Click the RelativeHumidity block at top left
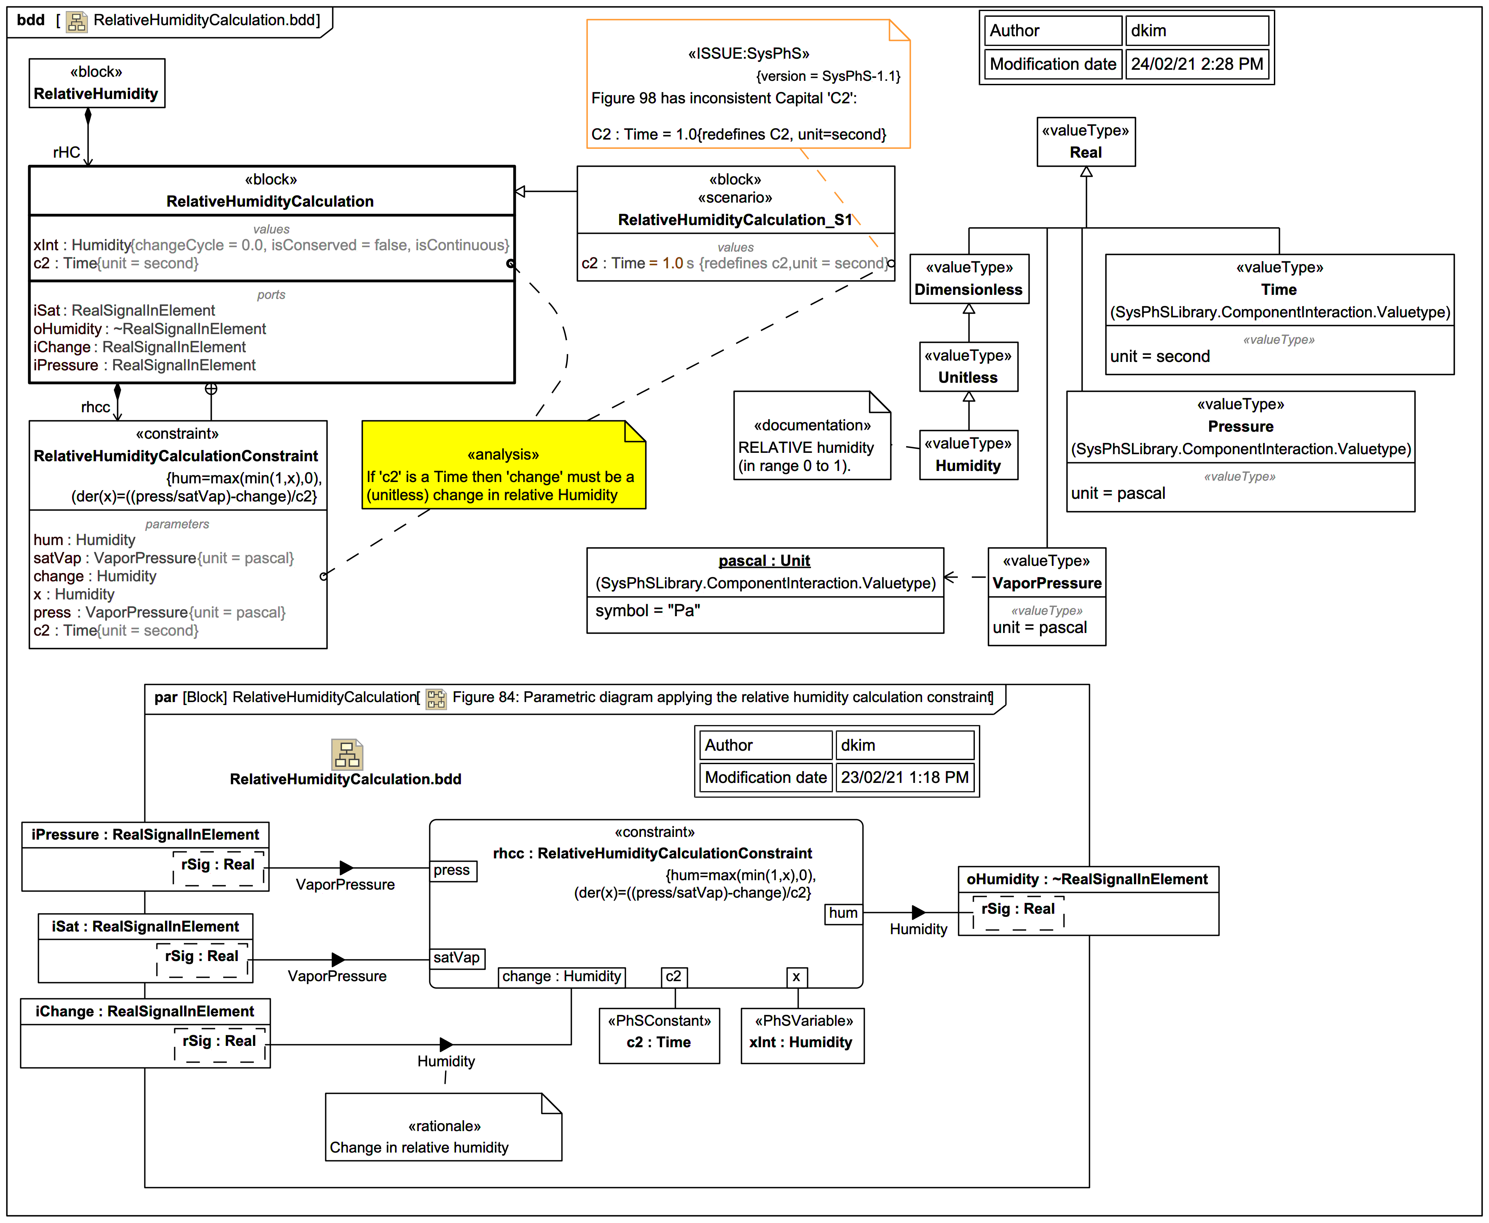[x=97, y=83]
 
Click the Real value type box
[x=1085, y=142]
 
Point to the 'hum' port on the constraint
[x=843, y=913]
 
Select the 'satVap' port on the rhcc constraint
[x=457, y=958]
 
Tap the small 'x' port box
[x=796, y=977]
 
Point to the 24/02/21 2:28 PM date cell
[x=1197, y=64]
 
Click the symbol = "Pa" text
[x=648, y=611]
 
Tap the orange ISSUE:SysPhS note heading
[x=748, y=54]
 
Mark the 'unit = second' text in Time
[x=1160, y=357]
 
